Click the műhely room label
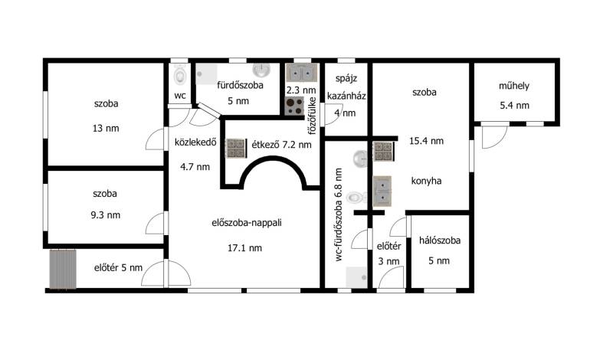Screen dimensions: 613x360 click(x=513, y=86)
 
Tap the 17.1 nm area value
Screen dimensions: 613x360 click(x=244, y=248)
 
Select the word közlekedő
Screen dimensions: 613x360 click(x=195, y=142)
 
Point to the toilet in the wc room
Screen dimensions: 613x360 click(x=179, y=75)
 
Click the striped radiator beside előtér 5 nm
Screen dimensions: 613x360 click(x=63, y=270)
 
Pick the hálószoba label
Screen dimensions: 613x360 click(x=440, y=240)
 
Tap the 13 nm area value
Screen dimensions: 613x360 click(x=106, y=128)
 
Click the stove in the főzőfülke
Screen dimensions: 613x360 click(x=294, y=106)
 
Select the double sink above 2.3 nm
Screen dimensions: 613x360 click(x=301, y=72)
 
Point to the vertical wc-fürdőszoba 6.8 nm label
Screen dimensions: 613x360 click(x=339, y=214)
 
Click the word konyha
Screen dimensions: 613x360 click(x=427, y=181)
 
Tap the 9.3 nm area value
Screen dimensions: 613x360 click(x=106, y=215)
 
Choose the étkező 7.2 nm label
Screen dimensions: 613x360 click(x=281, y=145)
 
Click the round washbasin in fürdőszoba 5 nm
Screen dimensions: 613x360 click(x=261, y=70)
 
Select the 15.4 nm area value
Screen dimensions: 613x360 click(x=427, y=141)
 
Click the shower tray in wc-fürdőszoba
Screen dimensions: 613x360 click(x=356, y=277)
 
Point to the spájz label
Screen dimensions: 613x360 click(x=346, y=79)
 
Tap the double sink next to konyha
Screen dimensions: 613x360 click(x=382, y=191)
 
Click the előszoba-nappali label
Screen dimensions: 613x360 click(x=247, y=223)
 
